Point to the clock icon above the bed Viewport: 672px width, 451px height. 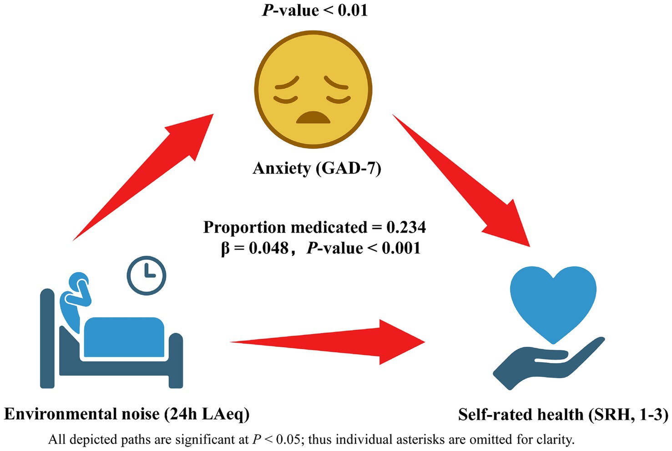tap(147, 275)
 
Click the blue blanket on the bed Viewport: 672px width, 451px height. tap(124, 337)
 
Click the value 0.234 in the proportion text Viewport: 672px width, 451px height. tap(406, 227)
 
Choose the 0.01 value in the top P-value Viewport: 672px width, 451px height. tap(351, 10)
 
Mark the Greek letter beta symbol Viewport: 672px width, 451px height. tap(225, 249)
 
